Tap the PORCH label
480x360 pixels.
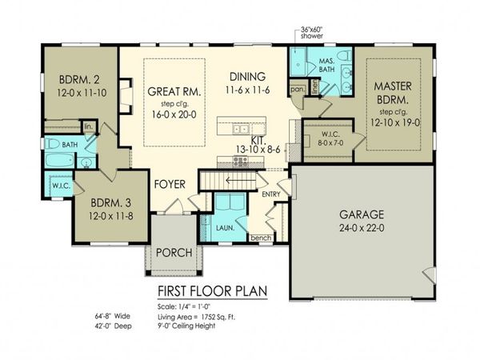[173, 253]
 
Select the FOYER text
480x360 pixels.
[170, 185]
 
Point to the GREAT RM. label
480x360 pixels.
[174, 92]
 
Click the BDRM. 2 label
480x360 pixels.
[79, 79]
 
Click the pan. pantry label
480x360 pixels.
[297, 90]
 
